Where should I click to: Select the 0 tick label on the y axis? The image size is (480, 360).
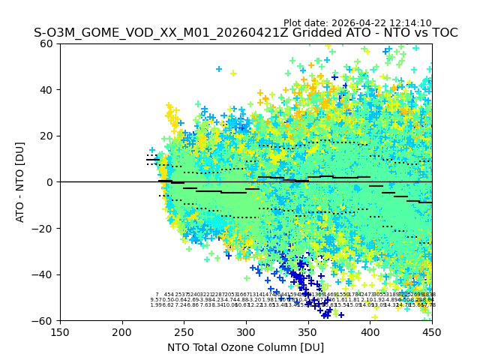pyautogui.click(x=51, y=182)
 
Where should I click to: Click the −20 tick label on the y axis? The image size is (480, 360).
pyautogui.click(x=46, y=228)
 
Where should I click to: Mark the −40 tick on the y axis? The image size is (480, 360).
pyautogui.click(x=46, y=274)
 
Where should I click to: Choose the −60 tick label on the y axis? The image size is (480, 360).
pyautogui.click(x=46, y=320)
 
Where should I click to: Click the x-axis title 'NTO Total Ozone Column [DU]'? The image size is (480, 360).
pyautogui.click(x=246, y=347)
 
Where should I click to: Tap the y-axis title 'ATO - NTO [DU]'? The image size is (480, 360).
pyautogui.click(x=20, y=182)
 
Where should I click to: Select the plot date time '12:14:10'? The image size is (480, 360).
pyautogui.click(x=410, y=23)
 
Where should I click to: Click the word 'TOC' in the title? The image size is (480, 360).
pyautogui.click(x=443, y=33)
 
